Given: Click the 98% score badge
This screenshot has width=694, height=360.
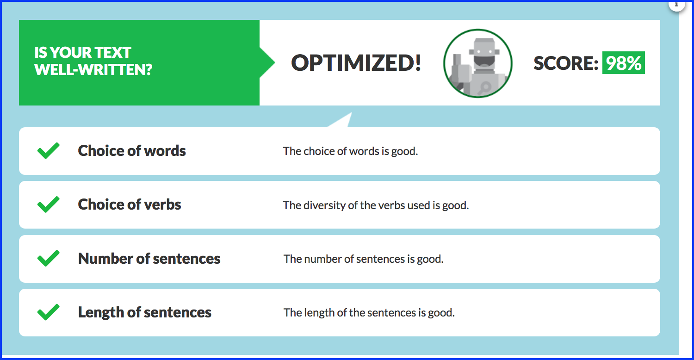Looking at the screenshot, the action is click(x=623, y=63).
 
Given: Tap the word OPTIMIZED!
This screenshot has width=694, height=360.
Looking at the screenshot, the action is click(x=356, y=63).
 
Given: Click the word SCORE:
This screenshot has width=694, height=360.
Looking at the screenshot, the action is click(x=566, y=63).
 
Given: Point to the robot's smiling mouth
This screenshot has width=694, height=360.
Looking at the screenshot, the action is click(x=484, y=61).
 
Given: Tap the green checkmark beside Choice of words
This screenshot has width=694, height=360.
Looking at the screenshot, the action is click(x=48, y=150).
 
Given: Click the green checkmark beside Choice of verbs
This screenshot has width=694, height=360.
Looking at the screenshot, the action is click(x=48, y=205).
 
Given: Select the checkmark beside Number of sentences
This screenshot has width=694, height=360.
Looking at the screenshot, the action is click(x=48, y=258).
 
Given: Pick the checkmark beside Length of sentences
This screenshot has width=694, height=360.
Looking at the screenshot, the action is click(x=48, y=312).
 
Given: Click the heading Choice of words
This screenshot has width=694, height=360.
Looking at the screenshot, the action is click(x=132, y=151).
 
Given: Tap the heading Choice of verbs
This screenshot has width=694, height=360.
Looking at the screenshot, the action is click(x=130, y=205).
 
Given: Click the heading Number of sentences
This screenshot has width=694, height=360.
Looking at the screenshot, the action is click(x=149, y=258).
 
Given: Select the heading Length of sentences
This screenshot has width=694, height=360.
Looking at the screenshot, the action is click(x=145, y=312).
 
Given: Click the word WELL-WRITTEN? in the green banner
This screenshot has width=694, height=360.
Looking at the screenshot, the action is click(x=93, y=70).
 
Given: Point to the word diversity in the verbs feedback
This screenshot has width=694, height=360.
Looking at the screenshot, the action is click(x=324, y=205).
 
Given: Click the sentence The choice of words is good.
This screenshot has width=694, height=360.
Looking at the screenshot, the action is click(x=350, y=151).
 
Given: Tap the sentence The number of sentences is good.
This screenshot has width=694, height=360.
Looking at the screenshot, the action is click(x=363, y=259).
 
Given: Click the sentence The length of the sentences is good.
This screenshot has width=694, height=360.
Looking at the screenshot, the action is click(x=369, y=313).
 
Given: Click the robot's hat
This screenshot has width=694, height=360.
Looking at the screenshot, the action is click(x=484, y=46).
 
